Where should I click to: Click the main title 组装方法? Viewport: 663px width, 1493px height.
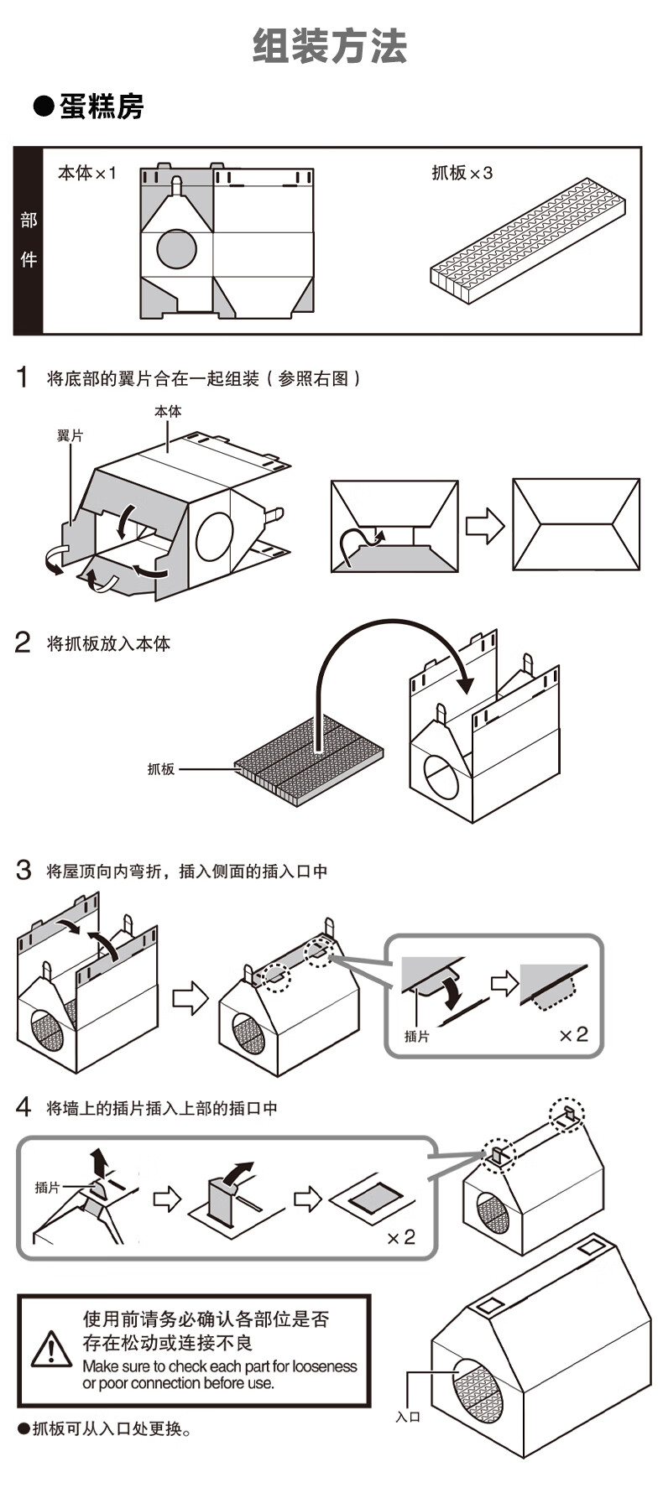click(330, 46)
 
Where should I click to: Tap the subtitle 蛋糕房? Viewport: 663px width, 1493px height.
click(101, 107)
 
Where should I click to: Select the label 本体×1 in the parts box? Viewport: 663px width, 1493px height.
click(86, 173)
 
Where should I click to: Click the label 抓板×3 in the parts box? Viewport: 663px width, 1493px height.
click(462, 173)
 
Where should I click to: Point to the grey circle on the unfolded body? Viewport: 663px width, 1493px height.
click(176, 248)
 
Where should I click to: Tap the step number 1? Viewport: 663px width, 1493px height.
click(23, 377)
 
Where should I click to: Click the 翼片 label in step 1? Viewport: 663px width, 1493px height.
click(70, 436)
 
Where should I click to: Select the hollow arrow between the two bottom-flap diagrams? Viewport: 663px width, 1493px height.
click(485, 525)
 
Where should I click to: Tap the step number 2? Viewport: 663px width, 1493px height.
click(23, 643)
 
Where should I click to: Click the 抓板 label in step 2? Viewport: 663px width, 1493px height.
click(161, 768)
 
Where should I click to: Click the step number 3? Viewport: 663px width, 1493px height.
click(23, 871)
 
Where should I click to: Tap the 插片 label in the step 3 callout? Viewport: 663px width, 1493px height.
click(416, 1037)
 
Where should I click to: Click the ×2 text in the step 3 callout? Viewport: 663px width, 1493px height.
click(574, 1035)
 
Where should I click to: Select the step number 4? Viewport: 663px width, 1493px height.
click(23, 1108)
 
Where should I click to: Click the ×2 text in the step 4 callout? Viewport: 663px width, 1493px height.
click(401, 1237)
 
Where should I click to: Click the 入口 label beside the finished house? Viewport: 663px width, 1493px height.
click(408, 1417)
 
